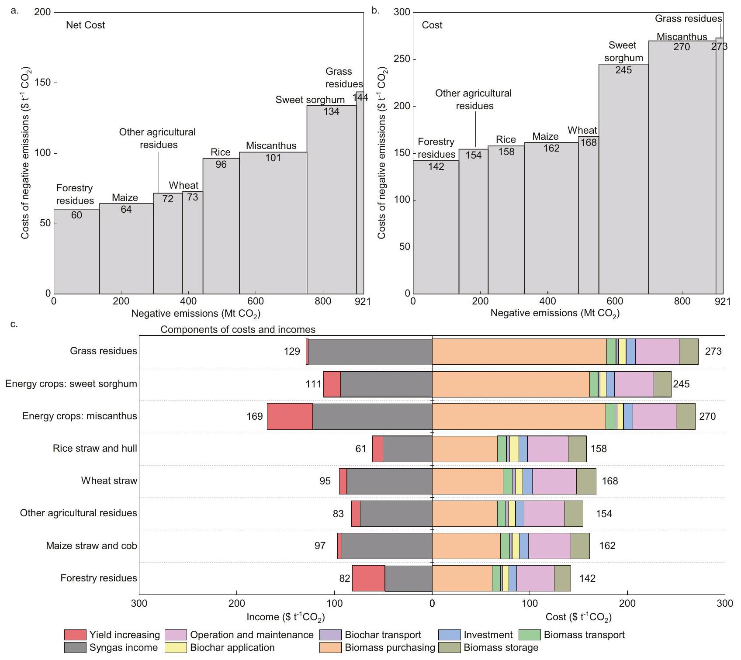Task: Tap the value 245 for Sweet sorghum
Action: click(x=623, y=70)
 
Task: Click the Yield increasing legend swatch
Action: click(x=75, y=635)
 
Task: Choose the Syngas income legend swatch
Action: click(x=75, y=647)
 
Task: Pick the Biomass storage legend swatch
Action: click(x=450, y=647)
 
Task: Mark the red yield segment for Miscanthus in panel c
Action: click(x=290, y=416)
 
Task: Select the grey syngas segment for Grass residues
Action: click(x=370, y=352)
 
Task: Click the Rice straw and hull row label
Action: click(x=95, y=448)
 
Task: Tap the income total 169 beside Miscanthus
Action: click(x=255, y=416)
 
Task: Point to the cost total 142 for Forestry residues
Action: click(x=587, y=578)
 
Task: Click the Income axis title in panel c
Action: click(x=286, y=617)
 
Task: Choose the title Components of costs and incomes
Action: click(x=238, y=329)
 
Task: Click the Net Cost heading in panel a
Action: click(x=85, y=25)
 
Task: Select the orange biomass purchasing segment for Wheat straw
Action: click(x=467, y=481)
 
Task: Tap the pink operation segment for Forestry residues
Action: click(x=535, y=578)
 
